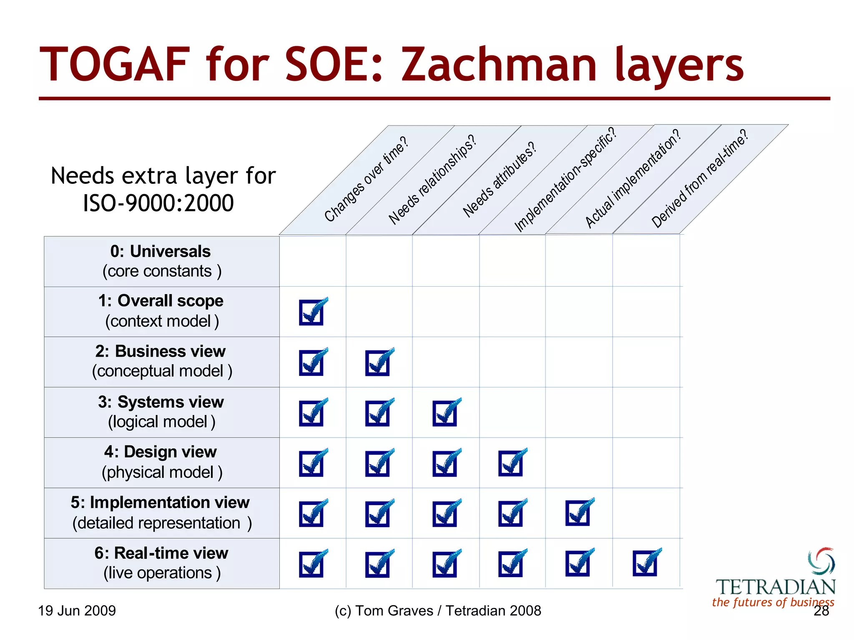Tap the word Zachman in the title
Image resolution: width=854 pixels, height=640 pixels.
point(499,65)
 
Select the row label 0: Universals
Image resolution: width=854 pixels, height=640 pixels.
point(161,252)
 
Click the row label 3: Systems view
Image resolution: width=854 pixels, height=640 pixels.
point(161,402)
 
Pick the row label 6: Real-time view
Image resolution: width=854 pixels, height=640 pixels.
point(161,553)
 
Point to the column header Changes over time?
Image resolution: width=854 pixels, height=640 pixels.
point(366,179)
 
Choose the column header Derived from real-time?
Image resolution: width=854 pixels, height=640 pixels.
point(699,179)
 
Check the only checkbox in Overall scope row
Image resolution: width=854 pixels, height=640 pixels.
point(311,312)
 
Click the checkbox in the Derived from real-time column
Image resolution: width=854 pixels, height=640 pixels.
point(645,563)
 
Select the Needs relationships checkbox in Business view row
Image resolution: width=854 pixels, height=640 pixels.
point(378,362)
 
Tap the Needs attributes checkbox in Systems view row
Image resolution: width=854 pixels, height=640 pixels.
point(445,413)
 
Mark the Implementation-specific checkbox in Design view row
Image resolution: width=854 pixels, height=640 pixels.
point(511,463)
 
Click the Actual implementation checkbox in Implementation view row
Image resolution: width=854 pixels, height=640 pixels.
point(578,513)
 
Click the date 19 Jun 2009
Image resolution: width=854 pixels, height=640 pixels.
point(77,611)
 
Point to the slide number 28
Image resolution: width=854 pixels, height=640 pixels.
point(821,611)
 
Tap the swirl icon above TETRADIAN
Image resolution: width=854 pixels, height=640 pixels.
point(821,561)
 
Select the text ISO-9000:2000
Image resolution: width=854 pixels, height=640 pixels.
point(158,203)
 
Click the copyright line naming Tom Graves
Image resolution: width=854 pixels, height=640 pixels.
point(438,611)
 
